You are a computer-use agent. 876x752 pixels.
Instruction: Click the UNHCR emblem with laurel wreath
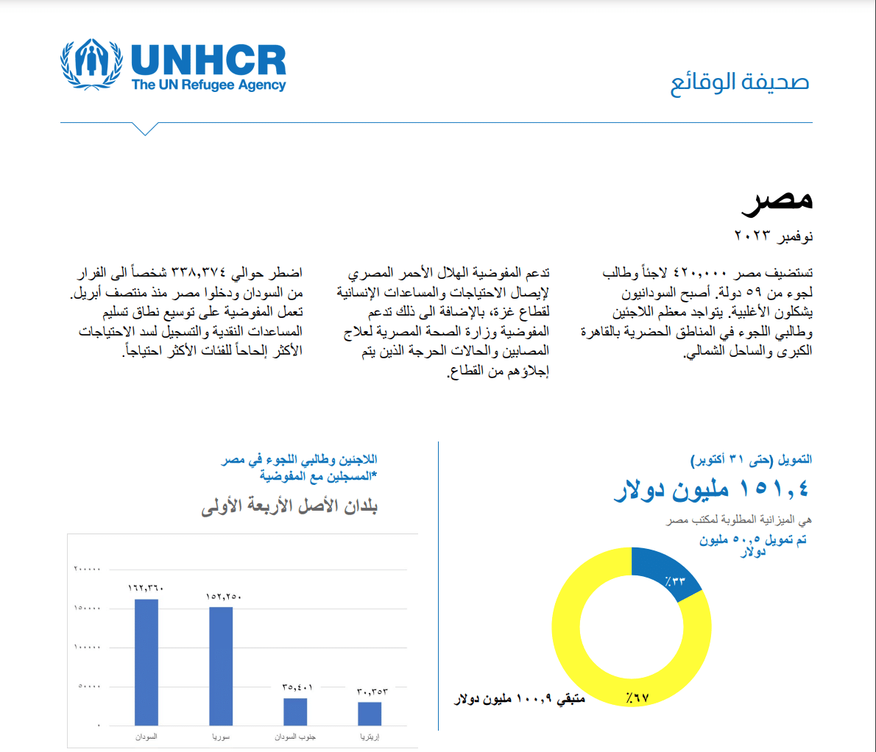91,65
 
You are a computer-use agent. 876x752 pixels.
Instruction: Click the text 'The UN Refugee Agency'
208,85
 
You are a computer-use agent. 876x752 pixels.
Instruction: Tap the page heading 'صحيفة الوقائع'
739,82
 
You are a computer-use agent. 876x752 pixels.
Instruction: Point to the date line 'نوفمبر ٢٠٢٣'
773,236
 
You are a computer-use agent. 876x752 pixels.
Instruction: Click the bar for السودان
146,662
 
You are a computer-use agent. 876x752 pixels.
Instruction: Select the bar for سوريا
221,666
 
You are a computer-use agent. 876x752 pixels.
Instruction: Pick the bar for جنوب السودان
295,712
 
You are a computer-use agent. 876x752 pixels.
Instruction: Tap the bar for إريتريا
370,714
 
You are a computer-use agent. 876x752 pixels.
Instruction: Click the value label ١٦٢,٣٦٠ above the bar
146,588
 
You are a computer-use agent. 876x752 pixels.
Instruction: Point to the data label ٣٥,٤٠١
297,687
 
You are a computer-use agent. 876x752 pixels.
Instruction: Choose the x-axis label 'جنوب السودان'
295,737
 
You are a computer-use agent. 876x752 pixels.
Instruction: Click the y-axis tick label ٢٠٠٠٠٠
88,569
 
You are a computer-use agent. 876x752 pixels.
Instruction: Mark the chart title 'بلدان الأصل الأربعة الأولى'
289,506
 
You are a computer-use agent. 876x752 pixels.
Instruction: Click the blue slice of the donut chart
666,578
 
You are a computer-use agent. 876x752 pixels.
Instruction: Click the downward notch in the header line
146,130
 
